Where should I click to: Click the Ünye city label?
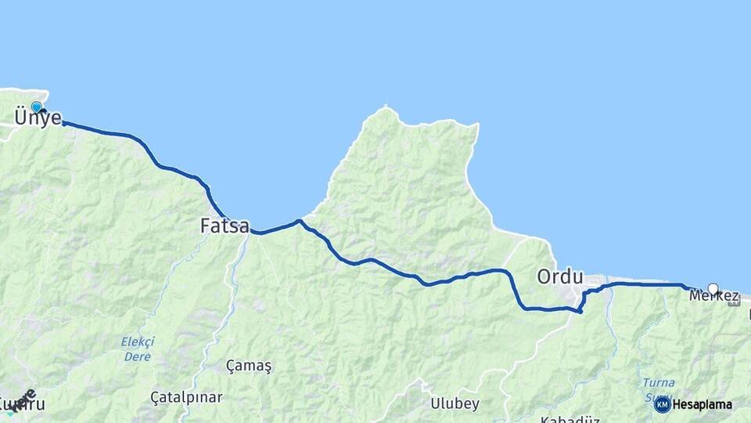tap(38, 118)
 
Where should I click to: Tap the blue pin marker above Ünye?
tap(36, 107)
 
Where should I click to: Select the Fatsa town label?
tap(225, 226)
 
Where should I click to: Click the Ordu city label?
tap(560, 277)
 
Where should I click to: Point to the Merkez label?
tap(713, 296)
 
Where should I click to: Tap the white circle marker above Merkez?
tap(713, 288)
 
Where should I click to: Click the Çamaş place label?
tap(249, 366)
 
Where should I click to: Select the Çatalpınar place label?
tap(186, 397)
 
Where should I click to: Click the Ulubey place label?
tap(455, 403)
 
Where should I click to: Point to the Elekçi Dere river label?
tap(138, 349)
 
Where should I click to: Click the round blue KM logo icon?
tap(662, 404)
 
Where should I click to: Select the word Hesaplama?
tap(702, 405)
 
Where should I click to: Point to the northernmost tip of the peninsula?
tap(386, 107)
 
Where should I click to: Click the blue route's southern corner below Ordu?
tap(580, 312)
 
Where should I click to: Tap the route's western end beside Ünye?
tap(63, 124)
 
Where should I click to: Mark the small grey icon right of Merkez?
tap(734, 302)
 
